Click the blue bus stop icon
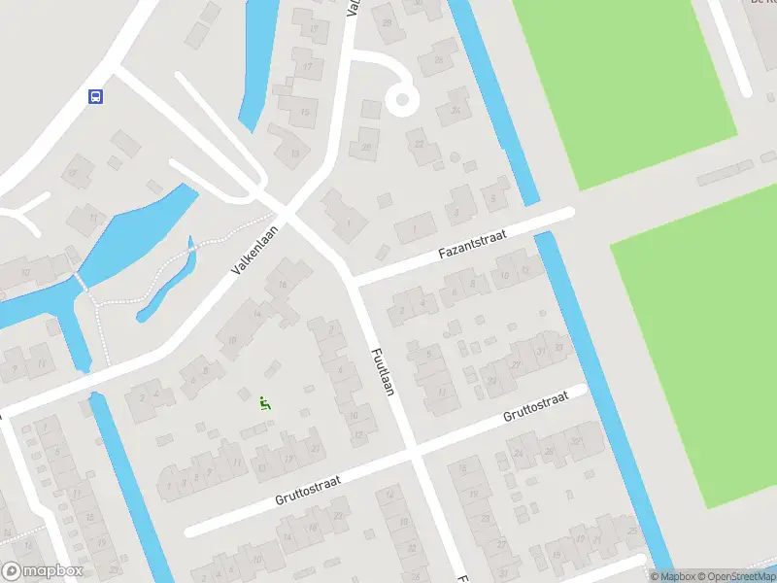click(x=96, y=95)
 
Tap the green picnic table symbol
click(x=264, y=401)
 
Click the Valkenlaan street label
click(x=252, y=250)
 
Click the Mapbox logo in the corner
click(x=43, y=571)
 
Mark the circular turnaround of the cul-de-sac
click(x=400, y=98)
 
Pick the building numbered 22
click(x=420, y=146)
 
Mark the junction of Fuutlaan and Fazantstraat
click(x=353, y=281)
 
